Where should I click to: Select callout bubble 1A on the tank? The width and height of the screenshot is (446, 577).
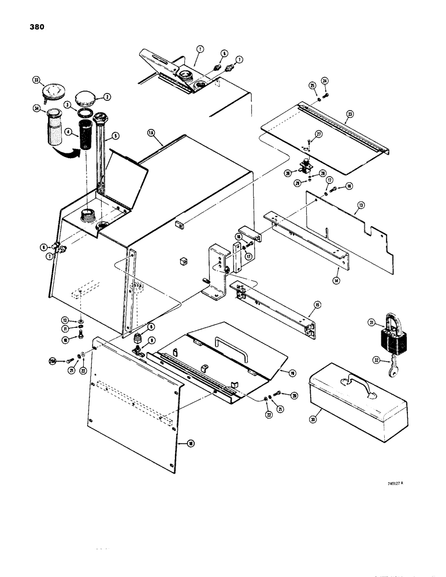151,133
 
